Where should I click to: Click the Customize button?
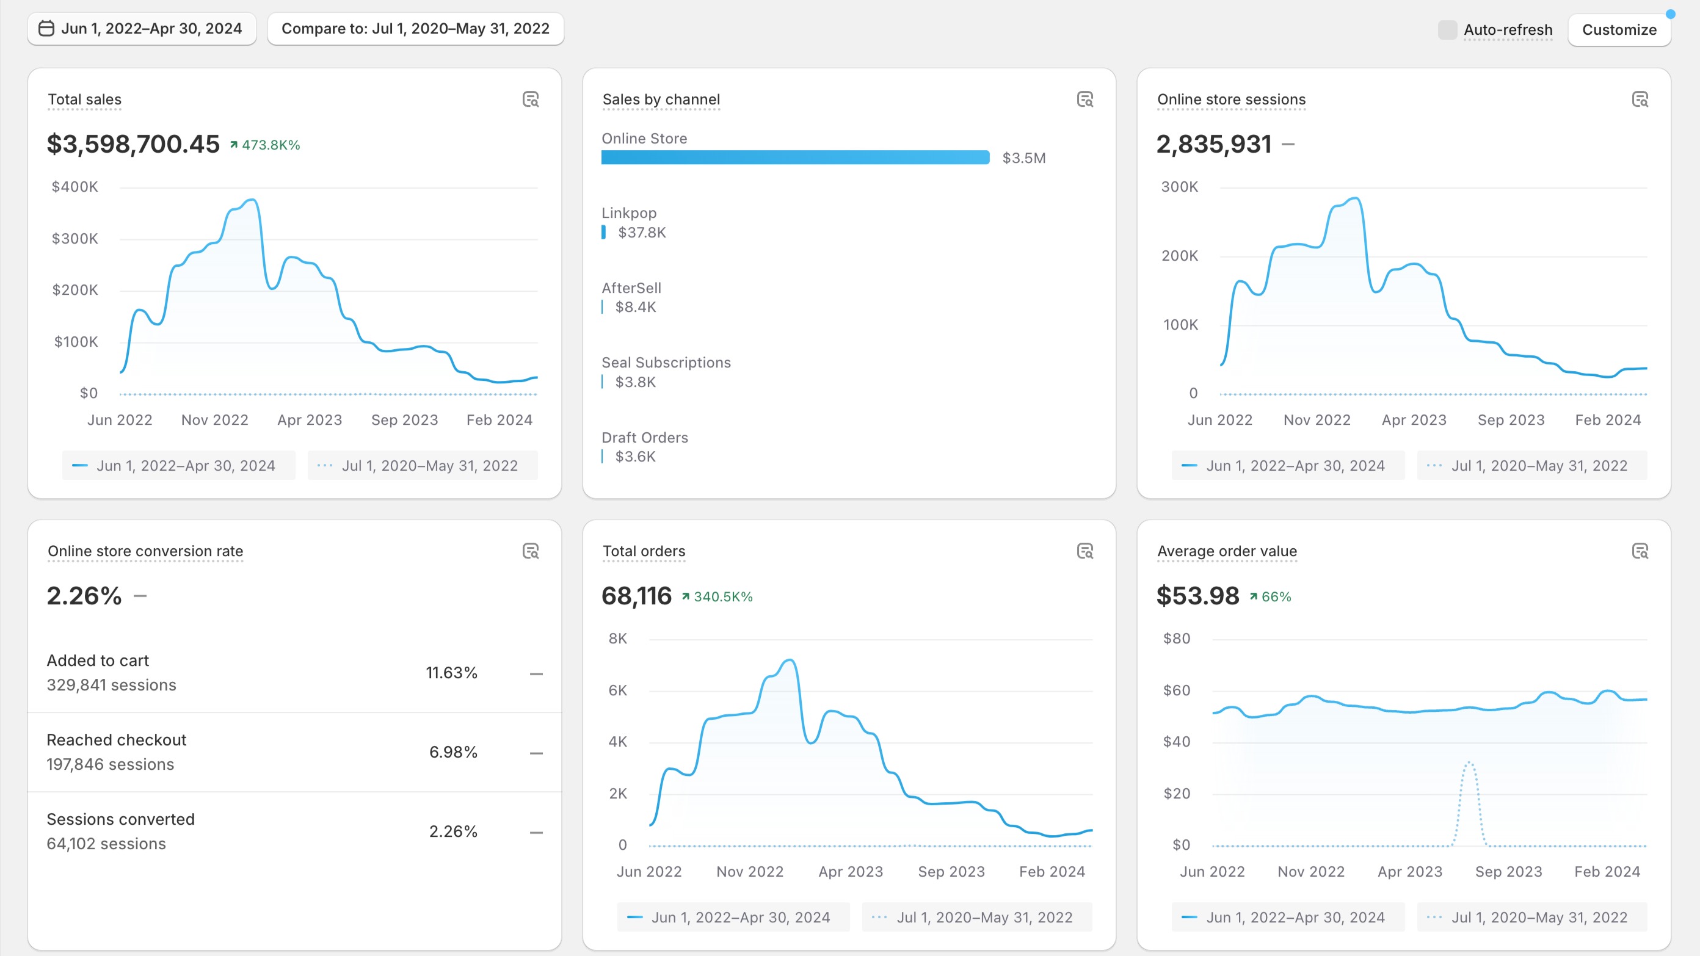[x=1619, y=30]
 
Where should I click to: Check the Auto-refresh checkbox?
[x=1447, y=30]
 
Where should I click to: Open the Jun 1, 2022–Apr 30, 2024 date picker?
[x=142, y=28]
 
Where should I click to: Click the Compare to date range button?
[x=415, y=28]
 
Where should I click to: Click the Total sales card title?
[x=84, y=100]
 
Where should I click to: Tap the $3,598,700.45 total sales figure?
[x=133, y=144]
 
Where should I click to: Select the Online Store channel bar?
[x=795, y=158]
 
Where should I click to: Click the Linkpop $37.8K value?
[x=641, y=232]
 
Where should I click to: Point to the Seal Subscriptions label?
[x=666, y=362]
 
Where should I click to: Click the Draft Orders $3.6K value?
[x=635, y=457]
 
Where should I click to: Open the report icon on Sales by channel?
[x=1085, y=100]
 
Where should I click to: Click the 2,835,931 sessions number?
[x=1213, y=144]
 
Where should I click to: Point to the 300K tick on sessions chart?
[x=1179, y=187]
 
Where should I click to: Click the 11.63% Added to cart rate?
[x=451, y=673]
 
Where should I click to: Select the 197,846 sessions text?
[x=110, y=764]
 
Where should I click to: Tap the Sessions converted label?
[x=121, y=819]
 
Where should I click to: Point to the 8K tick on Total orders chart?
[x=618, y=639]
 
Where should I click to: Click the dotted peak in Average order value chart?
[x=1469, y=763]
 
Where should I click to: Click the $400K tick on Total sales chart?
[x=74, y=187]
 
